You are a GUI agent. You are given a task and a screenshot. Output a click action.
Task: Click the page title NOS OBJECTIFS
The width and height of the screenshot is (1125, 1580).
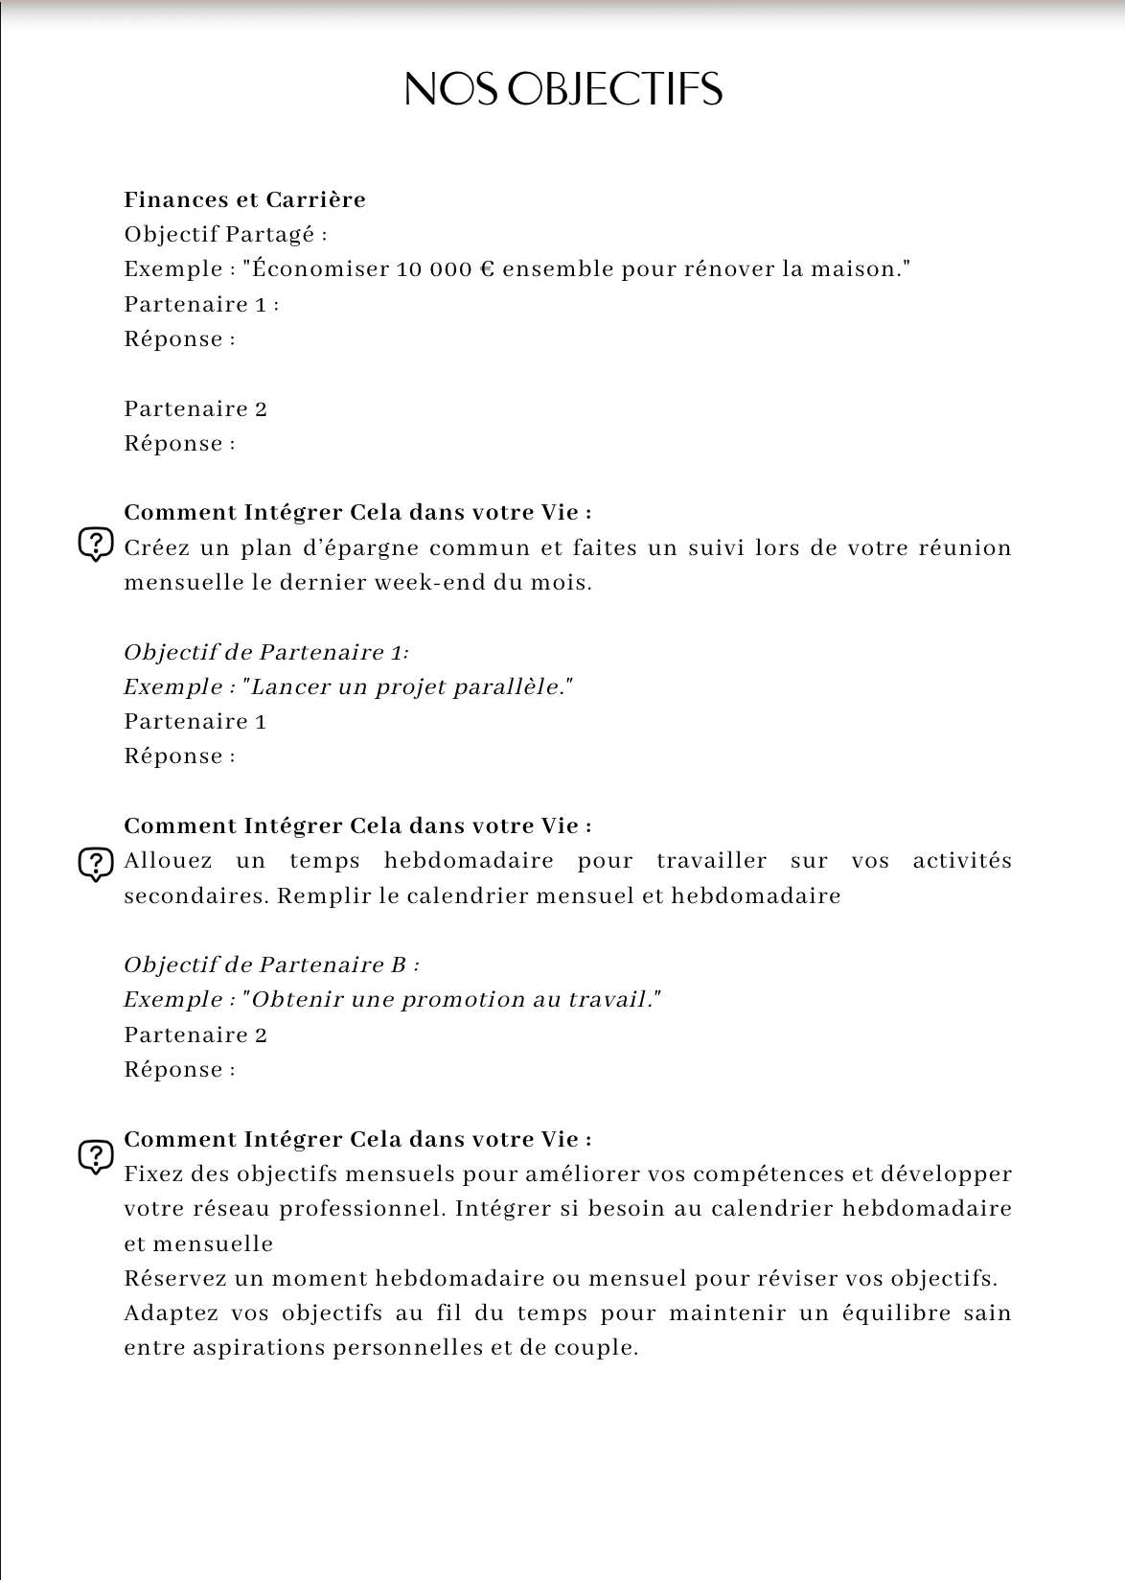(562, 89)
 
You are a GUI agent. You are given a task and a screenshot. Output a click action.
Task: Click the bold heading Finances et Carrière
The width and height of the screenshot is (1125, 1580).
(244, 199)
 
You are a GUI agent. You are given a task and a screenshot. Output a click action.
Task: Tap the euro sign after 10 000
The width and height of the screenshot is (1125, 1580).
(485, 269)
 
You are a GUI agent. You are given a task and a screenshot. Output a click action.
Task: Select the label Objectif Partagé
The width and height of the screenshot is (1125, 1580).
(225, 234)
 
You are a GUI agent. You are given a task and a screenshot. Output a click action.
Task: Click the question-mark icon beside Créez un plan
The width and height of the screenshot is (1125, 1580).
(95, 545)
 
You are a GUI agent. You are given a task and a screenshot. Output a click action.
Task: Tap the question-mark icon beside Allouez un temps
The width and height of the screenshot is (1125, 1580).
(95, 865)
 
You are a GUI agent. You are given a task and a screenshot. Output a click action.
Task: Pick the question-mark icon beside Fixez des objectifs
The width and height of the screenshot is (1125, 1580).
(95, 1156)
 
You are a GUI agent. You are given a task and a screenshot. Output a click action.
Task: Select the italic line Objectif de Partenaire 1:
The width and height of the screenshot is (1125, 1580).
(266, 652)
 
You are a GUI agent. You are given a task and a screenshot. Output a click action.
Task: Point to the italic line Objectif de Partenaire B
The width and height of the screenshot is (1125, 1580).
(271, 964)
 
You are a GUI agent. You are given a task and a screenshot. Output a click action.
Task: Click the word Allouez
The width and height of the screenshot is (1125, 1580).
(168, 861)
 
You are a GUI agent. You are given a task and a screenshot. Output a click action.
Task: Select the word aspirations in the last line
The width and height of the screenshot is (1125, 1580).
(225, 1347)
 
